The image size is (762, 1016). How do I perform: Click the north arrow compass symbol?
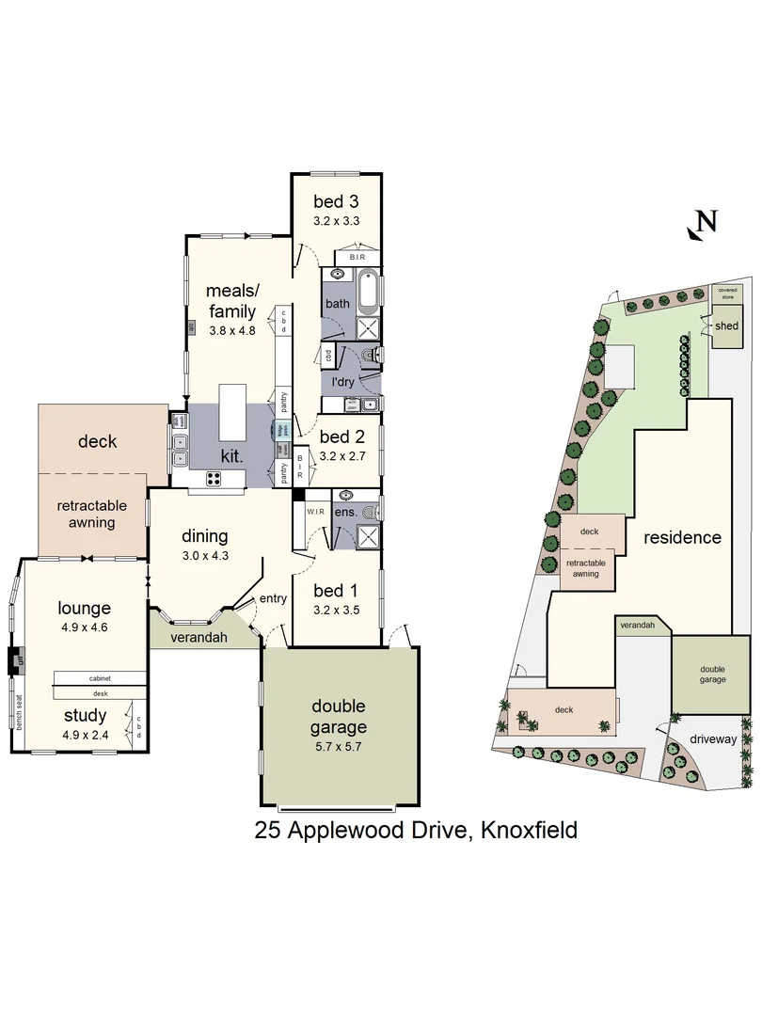click(703, 223)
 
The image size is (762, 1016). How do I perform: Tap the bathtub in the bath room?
click(367, 292)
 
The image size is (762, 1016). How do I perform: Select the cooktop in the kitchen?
click(214, 478)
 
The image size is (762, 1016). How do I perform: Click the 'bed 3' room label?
click(336, 201)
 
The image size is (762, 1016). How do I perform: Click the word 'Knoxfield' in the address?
click(528, 831)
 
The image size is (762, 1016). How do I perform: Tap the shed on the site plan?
click(726, 326)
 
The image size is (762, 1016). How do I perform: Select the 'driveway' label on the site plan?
click(712, 738)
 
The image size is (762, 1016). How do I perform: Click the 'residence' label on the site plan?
click(682, 537)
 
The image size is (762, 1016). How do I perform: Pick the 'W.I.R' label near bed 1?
click(316, 511)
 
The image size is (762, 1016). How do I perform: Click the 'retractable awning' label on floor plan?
click(91, 514)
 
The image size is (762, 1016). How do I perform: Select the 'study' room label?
click(85, 717)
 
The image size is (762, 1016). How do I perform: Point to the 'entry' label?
click(273, 598)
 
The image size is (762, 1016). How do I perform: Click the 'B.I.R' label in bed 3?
click(357, 257)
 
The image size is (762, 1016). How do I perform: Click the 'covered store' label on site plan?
click(728, 294)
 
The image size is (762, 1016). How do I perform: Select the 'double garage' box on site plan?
click(711, 675)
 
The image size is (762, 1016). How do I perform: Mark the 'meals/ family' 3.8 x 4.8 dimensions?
click(231, 330)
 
